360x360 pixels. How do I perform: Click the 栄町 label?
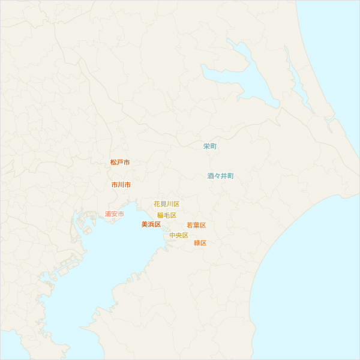(x=210, y=146)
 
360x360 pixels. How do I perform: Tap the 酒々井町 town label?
(x=220, y=176)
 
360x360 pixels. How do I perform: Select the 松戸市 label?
(x=120, y=163)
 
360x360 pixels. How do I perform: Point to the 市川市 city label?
(x=121, y=185)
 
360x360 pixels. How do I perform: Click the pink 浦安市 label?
(x=114, y=214)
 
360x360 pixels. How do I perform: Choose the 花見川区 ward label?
(x=166, y=205)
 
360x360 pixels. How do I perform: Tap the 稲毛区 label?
(x=166, y=215)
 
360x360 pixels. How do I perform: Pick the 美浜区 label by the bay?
(x=151, y=224)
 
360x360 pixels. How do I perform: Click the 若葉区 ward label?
(x=196, y=226)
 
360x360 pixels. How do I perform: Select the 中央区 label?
(x=179, y=236)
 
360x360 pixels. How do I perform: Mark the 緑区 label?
(x=200, y=243)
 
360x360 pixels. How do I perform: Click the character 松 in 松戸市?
(x=113, y=163)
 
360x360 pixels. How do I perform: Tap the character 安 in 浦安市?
(x=114, y=214)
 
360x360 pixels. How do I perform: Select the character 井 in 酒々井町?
(x=224, y=176)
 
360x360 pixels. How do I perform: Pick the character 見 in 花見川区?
(x=163, y=205)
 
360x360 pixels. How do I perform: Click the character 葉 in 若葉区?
(x=196, y=226)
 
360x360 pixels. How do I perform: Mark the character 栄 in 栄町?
(x=206, y=146)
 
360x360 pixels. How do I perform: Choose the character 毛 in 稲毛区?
(x=166, y=215)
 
